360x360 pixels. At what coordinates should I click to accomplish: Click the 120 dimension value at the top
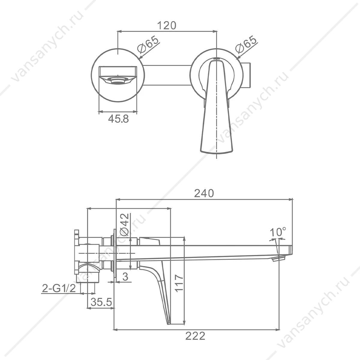click(167, 25)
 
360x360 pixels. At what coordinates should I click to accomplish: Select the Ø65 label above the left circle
click(148, 44)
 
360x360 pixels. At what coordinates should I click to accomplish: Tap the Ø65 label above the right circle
click(246, 44)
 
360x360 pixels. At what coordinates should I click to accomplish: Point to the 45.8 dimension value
click(118, 119)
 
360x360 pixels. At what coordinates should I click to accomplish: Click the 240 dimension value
click(204, 193)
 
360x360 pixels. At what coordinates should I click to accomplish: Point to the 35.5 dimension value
click(101, 302)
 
